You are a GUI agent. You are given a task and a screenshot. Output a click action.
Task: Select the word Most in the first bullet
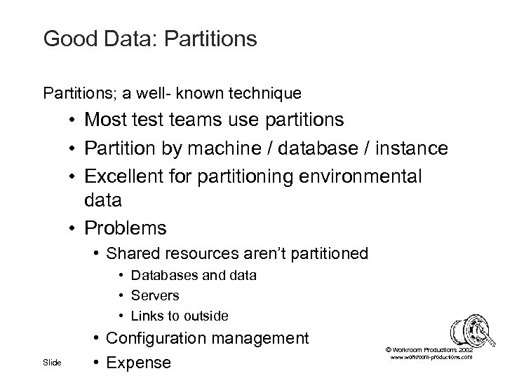tap(107, 120)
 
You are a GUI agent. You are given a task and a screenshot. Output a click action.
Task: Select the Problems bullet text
tap(126, 228)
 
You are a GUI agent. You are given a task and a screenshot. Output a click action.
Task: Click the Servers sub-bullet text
tap(155, 295)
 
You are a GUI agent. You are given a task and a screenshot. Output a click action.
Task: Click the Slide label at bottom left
tap(52, 363)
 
